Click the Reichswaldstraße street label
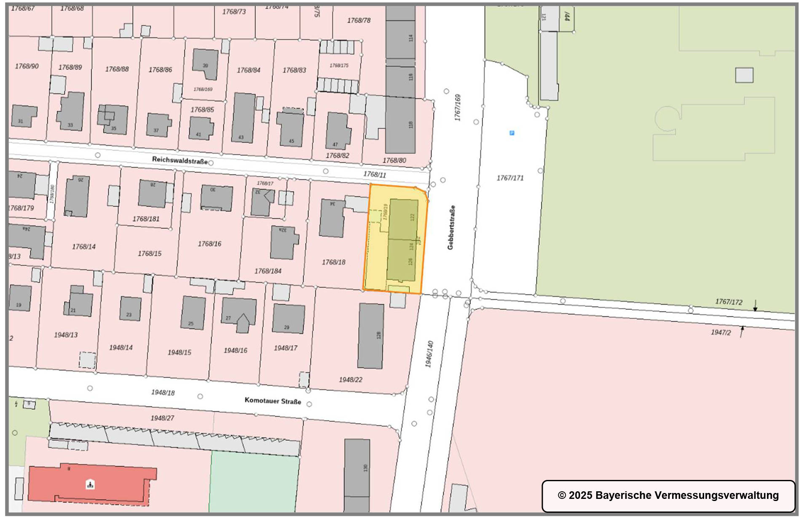click(180, 160)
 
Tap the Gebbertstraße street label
click(451, 228)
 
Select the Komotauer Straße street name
click(273, 400)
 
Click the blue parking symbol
click(512, 133)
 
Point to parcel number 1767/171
click(510, 178)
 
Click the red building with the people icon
click(90, 484)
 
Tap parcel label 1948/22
click(351, 380)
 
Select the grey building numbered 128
click(371, 336)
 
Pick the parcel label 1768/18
click(333, 262)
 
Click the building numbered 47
click(338, 131)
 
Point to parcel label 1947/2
click(721, 332)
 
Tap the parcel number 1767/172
click(729, 302)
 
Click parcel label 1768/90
click(27, 66)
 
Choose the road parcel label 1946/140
click(429, 354)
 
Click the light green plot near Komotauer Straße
click(254, 480)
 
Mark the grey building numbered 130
click(357, 468)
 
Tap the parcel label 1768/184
click(268, 271)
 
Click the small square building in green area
click(744, 75)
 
